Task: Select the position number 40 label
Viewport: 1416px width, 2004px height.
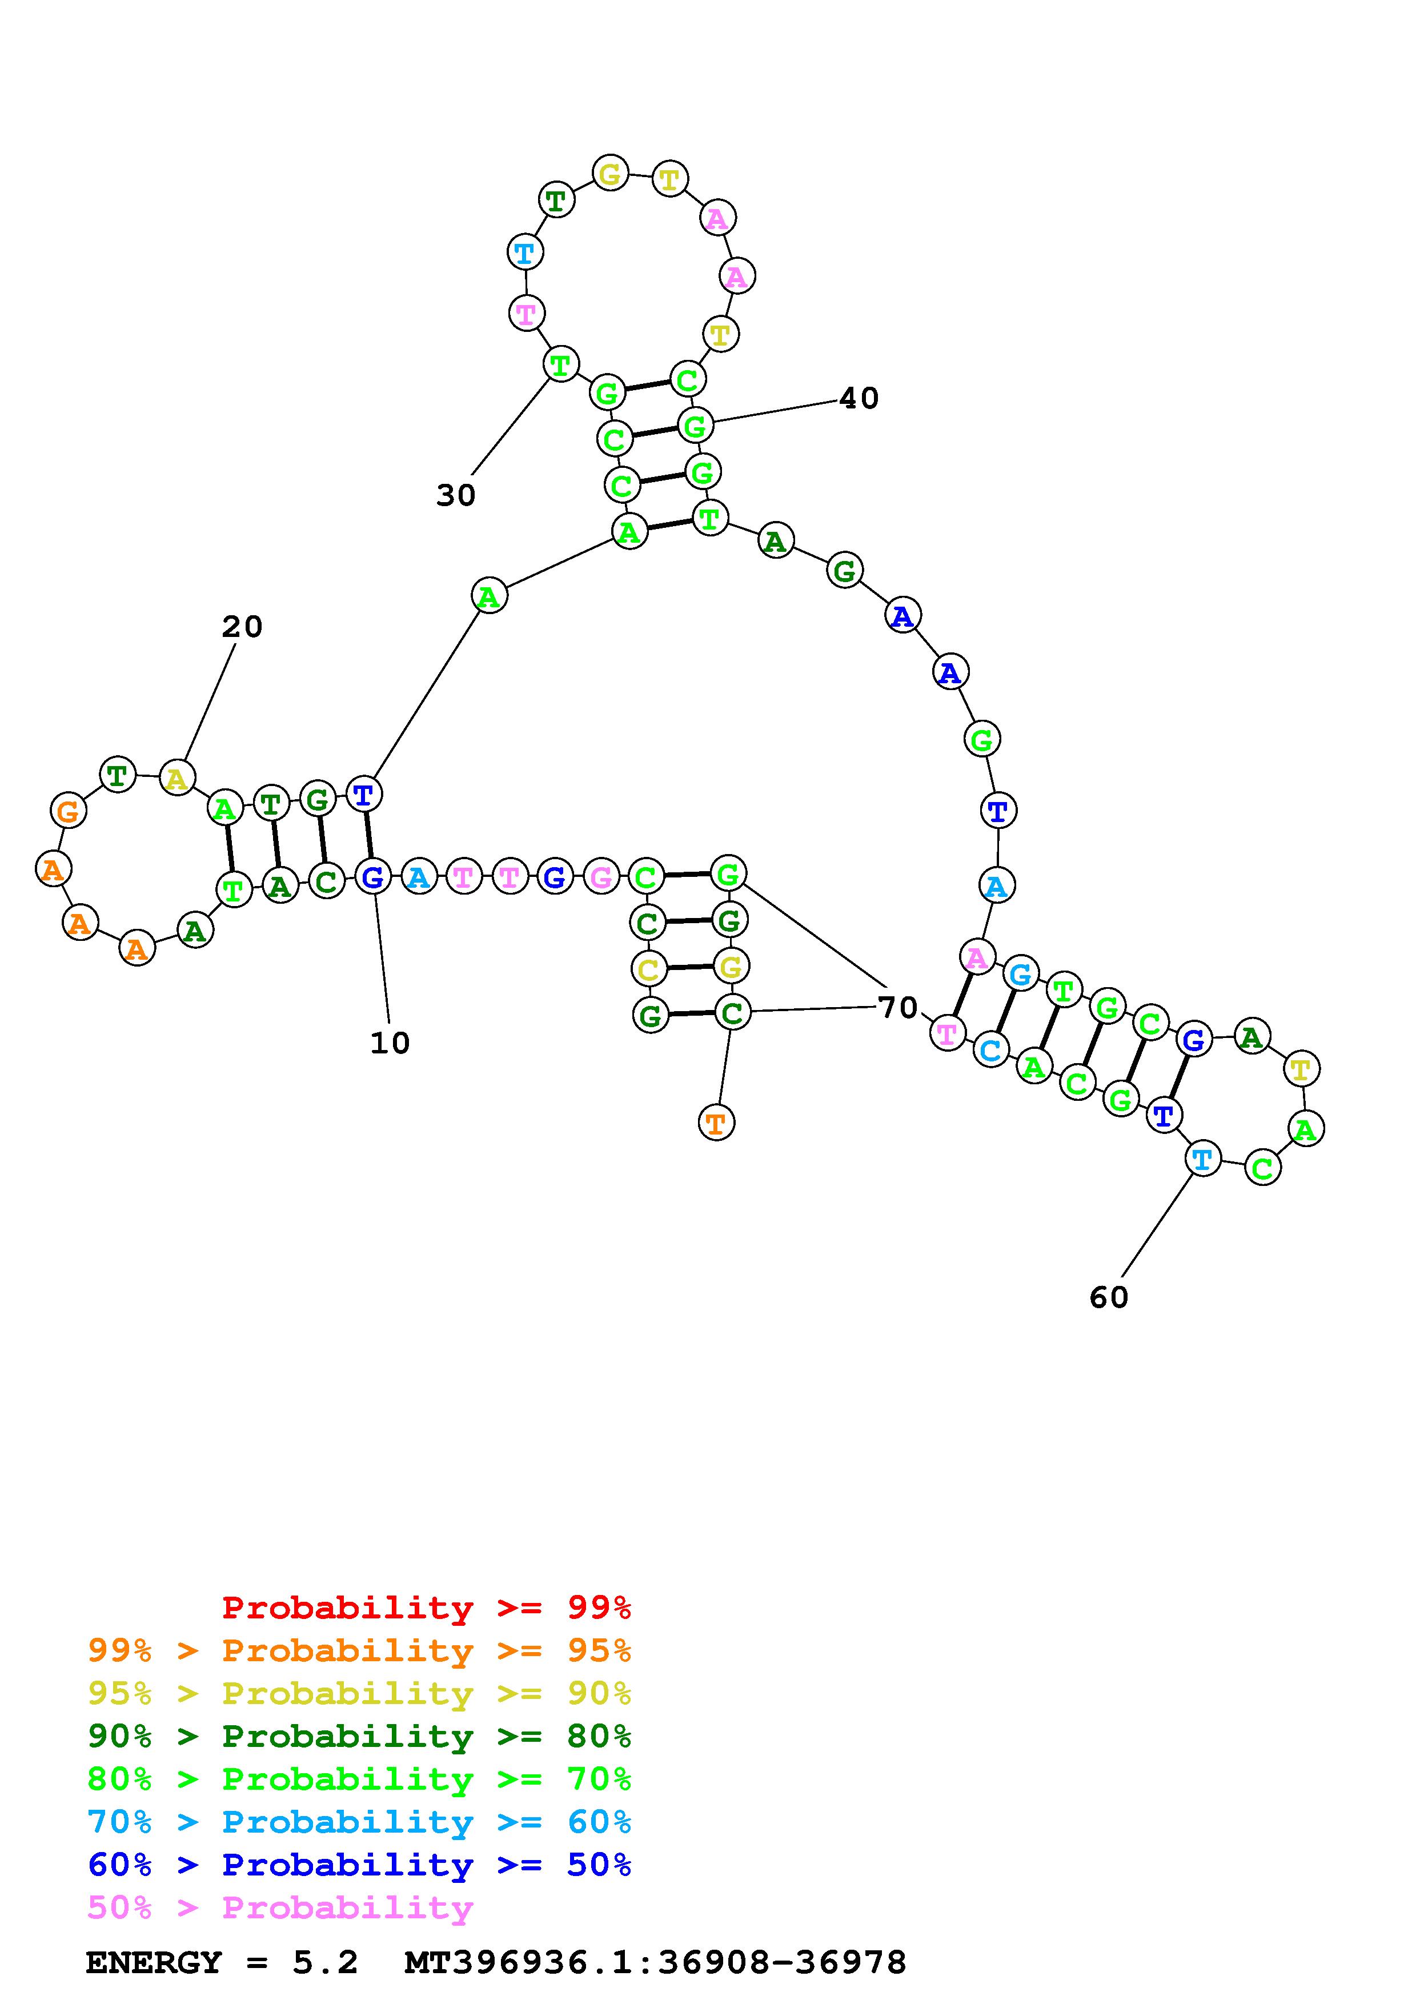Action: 859,399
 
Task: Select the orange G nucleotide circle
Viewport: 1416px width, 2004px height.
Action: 68,811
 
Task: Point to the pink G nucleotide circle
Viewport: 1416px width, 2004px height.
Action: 600,876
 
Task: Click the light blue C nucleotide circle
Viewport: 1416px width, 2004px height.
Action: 990,1050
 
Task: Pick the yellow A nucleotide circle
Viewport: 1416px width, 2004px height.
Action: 177,777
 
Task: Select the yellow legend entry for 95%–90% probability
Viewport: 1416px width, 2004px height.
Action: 359,1693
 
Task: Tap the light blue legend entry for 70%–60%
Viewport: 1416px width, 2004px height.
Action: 359,1822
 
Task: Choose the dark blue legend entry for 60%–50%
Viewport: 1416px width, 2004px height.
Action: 359,1865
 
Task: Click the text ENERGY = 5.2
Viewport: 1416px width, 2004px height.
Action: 222,1962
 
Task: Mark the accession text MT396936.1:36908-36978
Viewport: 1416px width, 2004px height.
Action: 655,1962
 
